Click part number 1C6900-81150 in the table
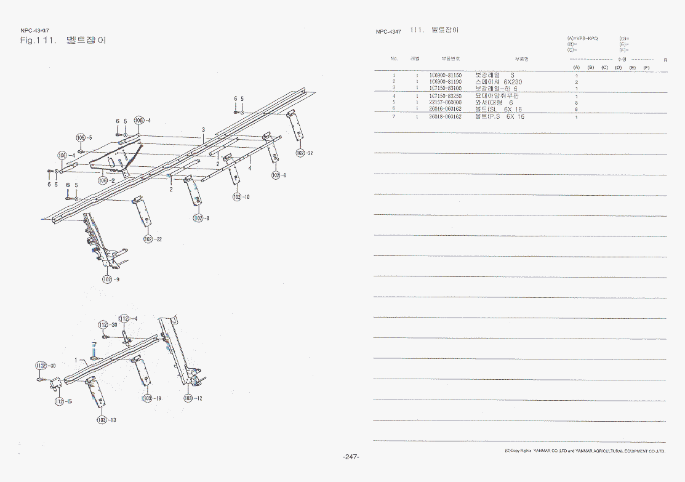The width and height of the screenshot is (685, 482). pos(445,75)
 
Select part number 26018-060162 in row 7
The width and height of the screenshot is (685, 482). pos(445,116)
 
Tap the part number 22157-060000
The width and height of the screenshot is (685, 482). pos(445,102)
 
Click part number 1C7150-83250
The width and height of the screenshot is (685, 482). pos(445,96)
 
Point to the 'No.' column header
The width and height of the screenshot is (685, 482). pos(394,58)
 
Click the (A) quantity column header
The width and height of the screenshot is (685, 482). pos(577,67)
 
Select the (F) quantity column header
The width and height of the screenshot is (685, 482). pos(646,67)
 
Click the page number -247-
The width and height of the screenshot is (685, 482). pos(351,457)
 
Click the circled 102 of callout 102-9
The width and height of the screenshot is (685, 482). pos(108,279)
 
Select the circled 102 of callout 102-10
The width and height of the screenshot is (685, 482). pos(237,196)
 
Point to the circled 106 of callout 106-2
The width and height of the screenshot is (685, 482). pos(102,180)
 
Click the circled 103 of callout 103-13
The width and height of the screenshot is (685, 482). pos(102,420)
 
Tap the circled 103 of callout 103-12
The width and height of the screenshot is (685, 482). pos(188,398)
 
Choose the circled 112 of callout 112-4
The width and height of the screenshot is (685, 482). pos(124,318)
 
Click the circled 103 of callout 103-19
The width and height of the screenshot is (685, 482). pos(147,398)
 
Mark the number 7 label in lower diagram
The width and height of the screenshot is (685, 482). pos(94,345)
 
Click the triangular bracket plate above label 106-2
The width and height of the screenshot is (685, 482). pos(117,156)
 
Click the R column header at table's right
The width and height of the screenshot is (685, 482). pos(665,60)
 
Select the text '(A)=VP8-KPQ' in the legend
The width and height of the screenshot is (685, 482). pos(582,38)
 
